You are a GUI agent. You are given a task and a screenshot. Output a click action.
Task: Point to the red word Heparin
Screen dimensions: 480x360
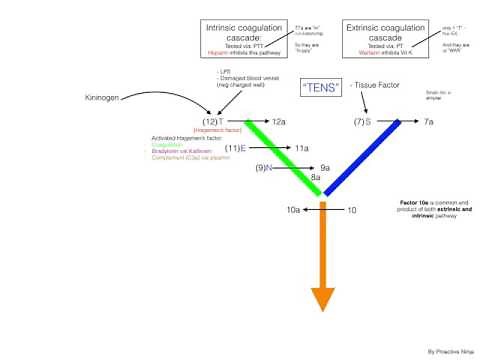(215, 52)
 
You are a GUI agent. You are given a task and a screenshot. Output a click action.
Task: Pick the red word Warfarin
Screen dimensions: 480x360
(362, 52)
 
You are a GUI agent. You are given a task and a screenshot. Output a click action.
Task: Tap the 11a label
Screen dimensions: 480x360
(301, 147)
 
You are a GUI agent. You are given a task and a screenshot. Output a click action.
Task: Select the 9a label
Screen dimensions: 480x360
(325, 169)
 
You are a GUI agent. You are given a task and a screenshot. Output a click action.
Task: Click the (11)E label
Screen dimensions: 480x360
(236, 147)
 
